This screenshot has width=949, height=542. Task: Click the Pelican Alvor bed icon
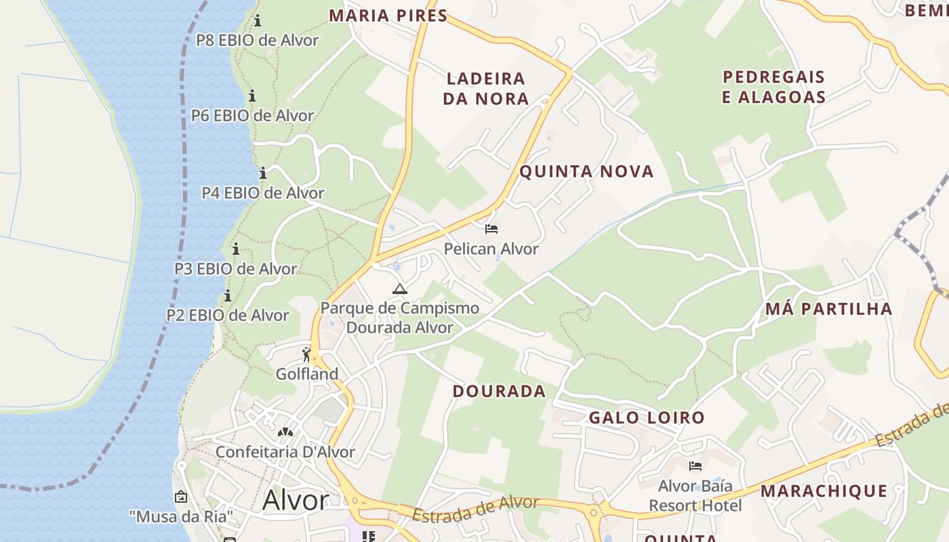pyautogui.click(x=491, y=229)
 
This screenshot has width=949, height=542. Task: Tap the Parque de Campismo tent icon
pyautogui.click(x=399, y=289)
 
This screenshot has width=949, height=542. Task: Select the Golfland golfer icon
pyautogui.click(x=307, y=354)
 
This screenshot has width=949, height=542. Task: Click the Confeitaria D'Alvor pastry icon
pyautogui.click(x=285, y=432)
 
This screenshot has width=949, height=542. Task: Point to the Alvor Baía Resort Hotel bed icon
pyautogui.click(x=695, y=466)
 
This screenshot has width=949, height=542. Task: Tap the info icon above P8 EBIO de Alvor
pyautogui.click(x=258, y=20)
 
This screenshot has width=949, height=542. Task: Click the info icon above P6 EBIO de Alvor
pyautogui.click(x=252, y=96)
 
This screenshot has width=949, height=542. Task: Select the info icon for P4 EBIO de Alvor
pyautogui.click(x=263, y=173)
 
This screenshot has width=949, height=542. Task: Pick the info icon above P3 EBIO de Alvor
pyautogui.click(x=236, y=249)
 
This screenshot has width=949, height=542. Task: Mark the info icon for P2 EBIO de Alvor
pyautogui.click(x=228, y=295)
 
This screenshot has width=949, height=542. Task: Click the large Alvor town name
pyautogui.click(x=296, y=501)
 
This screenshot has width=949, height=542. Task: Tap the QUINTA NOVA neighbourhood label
pyautogui.click(x=586, y=171)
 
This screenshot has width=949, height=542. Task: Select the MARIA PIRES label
pyautogui.click(x=388, y=16)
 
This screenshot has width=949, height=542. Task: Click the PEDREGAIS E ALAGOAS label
pyautogui.click(x=773, y=87)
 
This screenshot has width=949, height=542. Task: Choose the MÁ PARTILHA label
pyautogui.click(x=828, y=309)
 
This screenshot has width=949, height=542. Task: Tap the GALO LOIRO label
pyautogui.click(x=647, y=417)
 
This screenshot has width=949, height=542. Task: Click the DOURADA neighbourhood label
pyautogui.click(x=499, y=391)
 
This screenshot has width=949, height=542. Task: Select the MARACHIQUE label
pyautogui.click(x=824, y=491)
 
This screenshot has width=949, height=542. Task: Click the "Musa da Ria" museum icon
pyautogui.click(x=181, y=497)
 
